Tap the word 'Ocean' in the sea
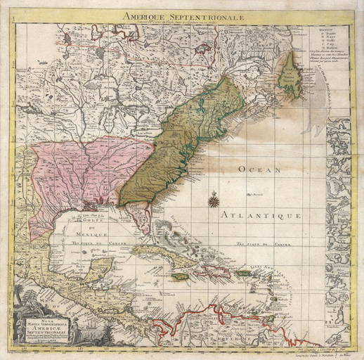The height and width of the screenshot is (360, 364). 250,169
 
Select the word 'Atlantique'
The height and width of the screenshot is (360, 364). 260,213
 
